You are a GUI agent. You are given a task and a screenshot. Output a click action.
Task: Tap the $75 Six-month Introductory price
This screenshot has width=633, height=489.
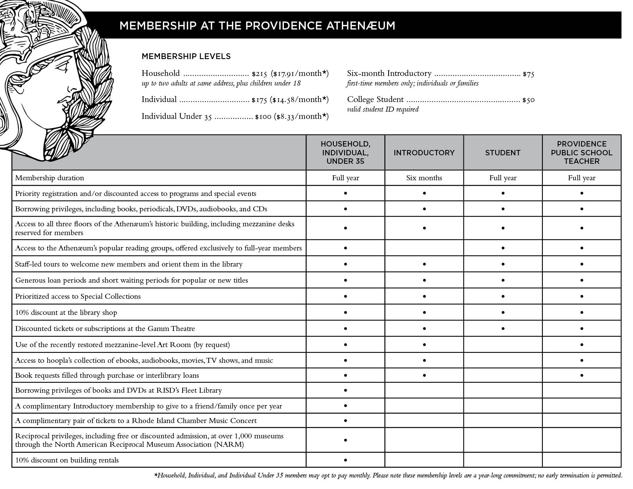(x=528, y=74)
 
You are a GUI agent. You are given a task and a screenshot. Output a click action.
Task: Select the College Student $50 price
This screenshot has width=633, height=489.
(x=528, y=100)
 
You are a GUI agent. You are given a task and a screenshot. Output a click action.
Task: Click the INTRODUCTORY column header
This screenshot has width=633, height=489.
(x=424, y=153)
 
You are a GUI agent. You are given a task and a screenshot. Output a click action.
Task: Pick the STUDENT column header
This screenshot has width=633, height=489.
(x=503, y=153)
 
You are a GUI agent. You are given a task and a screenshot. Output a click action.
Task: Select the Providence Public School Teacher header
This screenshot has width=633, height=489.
(x=582, y=153)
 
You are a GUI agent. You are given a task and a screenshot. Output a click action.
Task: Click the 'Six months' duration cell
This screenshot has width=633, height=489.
(x=424, y=178)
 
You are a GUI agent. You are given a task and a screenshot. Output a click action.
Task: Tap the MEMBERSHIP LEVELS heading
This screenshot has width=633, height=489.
(x=186, y=56)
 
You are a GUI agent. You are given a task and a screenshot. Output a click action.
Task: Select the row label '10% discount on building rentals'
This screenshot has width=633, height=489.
(x=67, y=460)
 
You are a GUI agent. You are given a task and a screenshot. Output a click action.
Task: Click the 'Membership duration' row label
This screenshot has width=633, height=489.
(x=49, y=178)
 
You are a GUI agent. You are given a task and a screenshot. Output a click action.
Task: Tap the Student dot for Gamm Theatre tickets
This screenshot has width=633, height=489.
(x=503, y=329)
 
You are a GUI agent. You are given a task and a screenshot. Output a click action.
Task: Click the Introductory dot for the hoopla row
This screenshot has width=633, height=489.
(x=424, y=361)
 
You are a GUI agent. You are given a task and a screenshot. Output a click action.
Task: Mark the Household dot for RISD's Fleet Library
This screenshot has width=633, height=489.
(x=345, y=390)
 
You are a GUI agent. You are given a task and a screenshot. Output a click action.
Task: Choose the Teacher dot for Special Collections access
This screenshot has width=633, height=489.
(x=582, y=296)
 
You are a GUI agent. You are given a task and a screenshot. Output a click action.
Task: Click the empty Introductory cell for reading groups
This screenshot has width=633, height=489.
(x=424, y=248)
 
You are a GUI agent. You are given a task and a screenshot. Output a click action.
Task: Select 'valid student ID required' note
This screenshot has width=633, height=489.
(x=382, y=109)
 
